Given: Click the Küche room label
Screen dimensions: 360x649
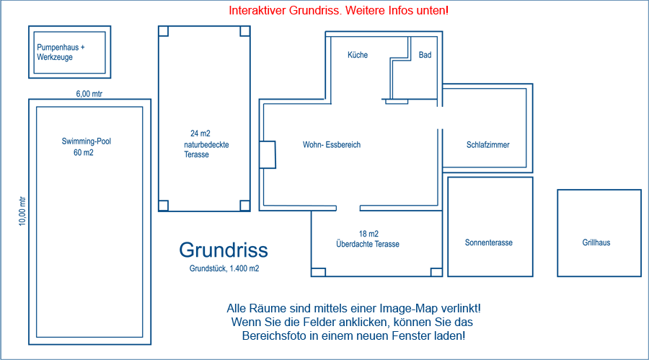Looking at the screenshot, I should (358, 55).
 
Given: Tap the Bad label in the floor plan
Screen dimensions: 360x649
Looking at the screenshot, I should (425, 55).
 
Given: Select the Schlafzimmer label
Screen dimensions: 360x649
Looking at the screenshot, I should (487, 145).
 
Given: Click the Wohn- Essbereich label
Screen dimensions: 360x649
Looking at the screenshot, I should (331, 145).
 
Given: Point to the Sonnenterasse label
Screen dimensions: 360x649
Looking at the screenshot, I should (488, 243).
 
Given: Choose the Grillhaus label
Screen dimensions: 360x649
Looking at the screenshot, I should (596, 243).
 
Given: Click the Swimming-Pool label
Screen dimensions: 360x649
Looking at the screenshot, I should (87, 141).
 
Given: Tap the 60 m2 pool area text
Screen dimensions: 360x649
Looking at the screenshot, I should (84, 153).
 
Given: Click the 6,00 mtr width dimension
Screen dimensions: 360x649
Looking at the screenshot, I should (89, 93).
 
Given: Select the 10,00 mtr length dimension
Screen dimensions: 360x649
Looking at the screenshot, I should (22, 211).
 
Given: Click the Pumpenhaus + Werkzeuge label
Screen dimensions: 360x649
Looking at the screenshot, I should (61, 52).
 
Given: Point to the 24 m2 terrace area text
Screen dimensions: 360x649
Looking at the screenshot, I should (200, 133).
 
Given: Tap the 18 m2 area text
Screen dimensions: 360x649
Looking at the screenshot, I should (368, 234).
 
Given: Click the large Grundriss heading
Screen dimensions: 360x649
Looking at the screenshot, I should (224, 250).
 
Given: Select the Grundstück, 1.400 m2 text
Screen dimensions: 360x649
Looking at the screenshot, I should (224, 268).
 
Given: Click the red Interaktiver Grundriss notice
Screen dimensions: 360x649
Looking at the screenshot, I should (338, 11).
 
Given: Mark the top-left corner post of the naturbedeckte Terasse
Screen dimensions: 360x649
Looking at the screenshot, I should (163, 31).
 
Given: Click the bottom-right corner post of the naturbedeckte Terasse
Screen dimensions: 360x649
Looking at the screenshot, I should (245, 205).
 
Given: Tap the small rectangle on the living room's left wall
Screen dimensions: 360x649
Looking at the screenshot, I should (268, 154).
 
